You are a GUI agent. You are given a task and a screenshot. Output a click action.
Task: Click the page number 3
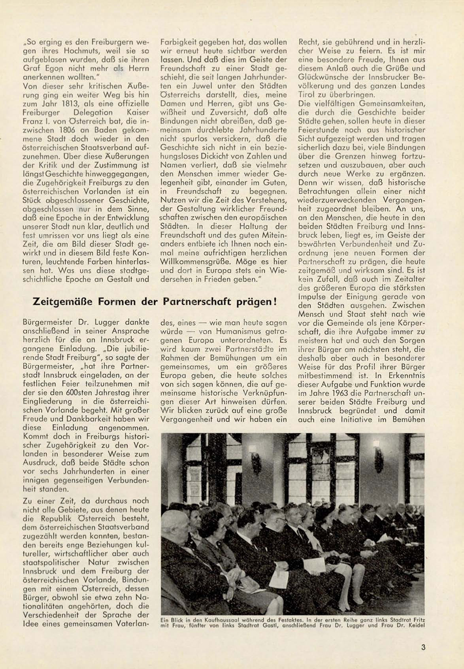(423, 647)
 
